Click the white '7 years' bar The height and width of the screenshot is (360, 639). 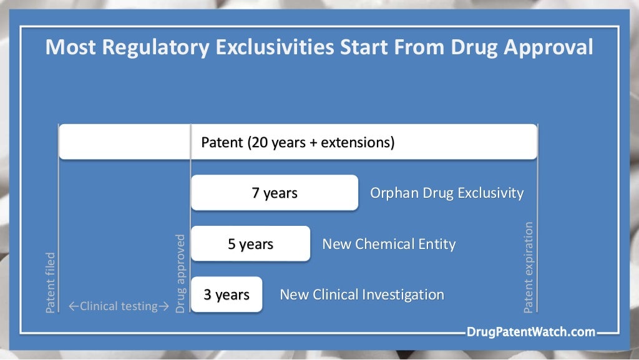(x=275, y=193)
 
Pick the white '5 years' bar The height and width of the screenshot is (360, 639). (x=250, y=244)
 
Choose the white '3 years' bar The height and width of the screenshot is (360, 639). (x=227, y=294)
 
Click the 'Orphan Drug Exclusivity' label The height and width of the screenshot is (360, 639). (x=446, y=193)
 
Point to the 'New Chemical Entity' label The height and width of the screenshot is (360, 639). (x=389, y=244)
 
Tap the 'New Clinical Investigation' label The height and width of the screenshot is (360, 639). (x=362, y=294)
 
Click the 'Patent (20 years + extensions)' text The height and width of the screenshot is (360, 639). (x=298, y=142)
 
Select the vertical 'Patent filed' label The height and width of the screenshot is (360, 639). (x=51, y=282)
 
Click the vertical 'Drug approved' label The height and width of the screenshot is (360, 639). (x=181, y=273)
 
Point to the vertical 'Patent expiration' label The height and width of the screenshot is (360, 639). (x=529, y=267)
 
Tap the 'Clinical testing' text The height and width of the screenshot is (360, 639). (x=119, y=306)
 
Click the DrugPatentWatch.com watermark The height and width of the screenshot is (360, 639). (x=530, y=332)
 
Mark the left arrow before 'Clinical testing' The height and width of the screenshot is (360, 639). (x=74, y=306)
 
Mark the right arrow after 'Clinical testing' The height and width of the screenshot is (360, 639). (x=164, y=306)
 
